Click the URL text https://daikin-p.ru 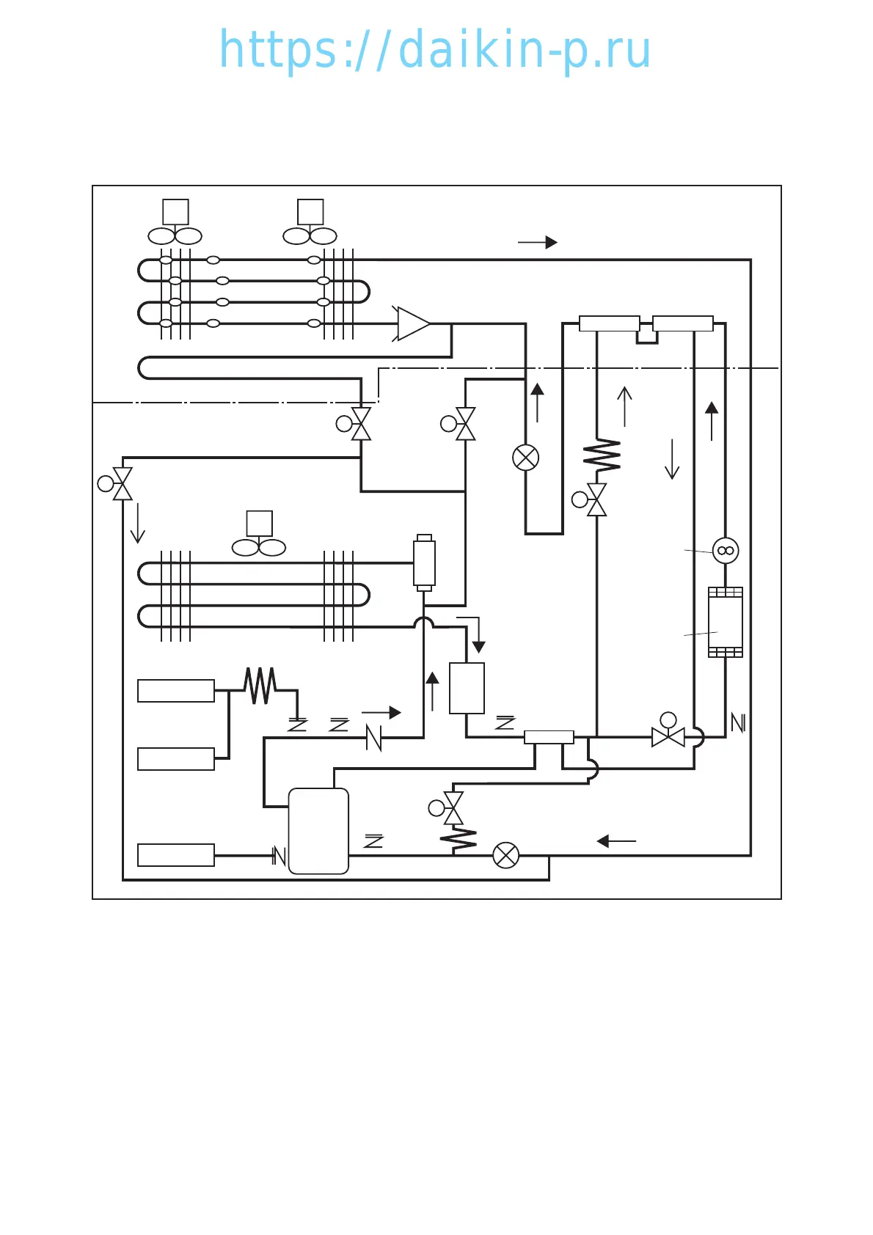click(x=435, y=50)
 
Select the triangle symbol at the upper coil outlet click(x=412, y=323)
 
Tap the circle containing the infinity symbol click(x=726, y=550)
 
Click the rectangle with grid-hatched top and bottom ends click(x=726, y=622)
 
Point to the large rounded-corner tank click(x=318, y=831)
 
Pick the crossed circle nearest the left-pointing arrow click(x=505, y=855)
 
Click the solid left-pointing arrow click(x=616, y=841)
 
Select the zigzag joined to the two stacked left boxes click(x=260, y=685)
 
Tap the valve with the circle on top click(x=668, y=735)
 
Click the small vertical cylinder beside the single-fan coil click(x=424, y=562)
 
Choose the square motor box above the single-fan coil click(x=260, y=524)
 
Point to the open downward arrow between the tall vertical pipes click(x=672, y=459)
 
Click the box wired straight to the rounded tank click(x=176, y=855)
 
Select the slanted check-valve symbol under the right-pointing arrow click(x=373, y=737)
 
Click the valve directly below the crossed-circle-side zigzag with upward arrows click(x=596, y=499)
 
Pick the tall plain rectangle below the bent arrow click(x=467, y=688)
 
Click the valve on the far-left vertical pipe click(x=122, y=483)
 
